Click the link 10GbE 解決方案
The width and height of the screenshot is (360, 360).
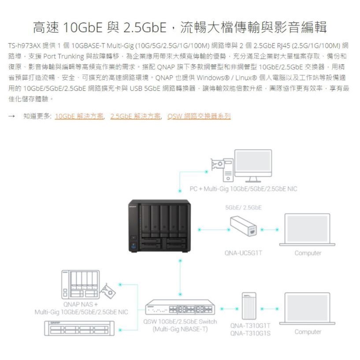pos(79,116)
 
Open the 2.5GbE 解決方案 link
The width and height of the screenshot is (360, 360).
pos(135,116)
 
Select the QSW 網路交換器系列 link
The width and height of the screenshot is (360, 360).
pos(199,116)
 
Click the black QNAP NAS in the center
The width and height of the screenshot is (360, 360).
pos(160,226)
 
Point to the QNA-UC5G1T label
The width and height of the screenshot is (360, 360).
pos(243,253)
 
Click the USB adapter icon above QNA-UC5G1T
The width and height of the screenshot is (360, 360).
pos(244,226)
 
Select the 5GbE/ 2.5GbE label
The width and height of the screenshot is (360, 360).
pos(243,208)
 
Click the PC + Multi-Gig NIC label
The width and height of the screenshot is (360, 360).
pos(243,189)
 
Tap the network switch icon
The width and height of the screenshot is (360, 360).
pos(180,307)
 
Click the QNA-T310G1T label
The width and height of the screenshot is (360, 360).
pos(250,326)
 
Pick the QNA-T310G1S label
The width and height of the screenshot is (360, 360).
pos(250,333)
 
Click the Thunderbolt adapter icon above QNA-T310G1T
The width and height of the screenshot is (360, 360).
pos(249,306)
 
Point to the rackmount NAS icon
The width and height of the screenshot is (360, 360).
pos(79,328)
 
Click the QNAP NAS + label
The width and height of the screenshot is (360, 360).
pos(81,304)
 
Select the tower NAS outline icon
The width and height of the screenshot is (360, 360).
pos(81,285)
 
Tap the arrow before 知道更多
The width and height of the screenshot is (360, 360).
pos(11,116)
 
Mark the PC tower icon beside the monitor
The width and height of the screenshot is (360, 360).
pos(228,170)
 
